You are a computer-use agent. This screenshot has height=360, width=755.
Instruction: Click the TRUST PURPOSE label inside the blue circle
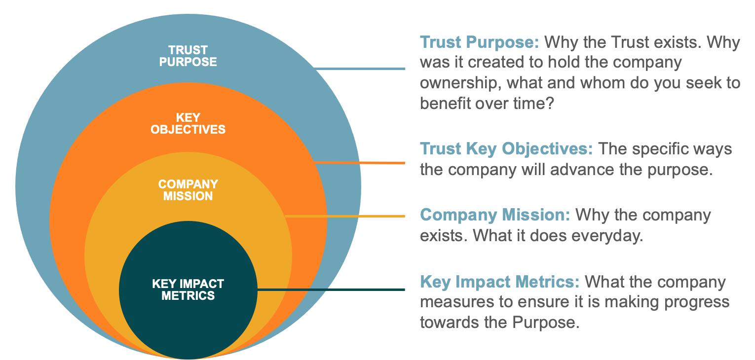(188, 56)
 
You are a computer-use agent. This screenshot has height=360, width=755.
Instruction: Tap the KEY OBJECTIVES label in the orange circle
(188, 124)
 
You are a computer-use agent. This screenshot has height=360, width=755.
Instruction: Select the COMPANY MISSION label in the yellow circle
(188, 190)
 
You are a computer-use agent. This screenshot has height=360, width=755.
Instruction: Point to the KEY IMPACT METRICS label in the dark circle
(188, 289)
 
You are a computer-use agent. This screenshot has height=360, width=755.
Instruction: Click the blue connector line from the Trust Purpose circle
(359, 69)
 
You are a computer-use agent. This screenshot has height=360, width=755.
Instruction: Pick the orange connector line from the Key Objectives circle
(359, 163)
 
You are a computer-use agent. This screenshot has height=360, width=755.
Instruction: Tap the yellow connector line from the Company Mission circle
(345, 216)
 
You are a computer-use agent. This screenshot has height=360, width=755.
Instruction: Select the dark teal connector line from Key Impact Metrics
(331, 289)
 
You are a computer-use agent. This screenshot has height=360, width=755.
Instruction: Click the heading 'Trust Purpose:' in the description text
(479, 43)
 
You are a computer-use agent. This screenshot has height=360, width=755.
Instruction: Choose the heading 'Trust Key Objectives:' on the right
(506, 149)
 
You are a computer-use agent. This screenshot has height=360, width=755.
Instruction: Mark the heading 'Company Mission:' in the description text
(495, 215)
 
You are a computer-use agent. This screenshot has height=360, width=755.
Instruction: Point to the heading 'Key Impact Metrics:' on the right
(499, 282)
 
